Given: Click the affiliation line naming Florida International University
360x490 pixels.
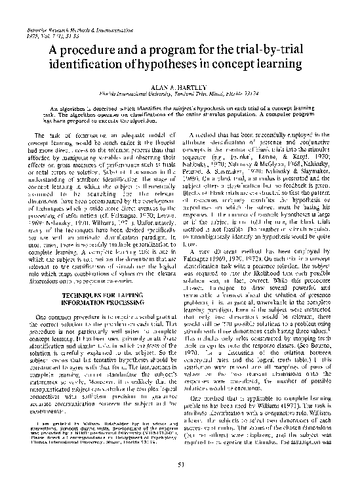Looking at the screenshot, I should (180, 94).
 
